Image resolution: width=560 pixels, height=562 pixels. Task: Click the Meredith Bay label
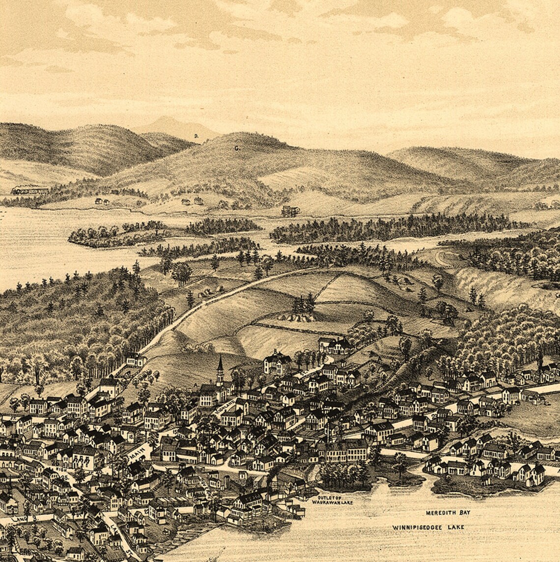pyautogui.click(x=448, y=512)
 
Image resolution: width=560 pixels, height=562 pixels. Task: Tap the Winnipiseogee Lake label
pyautogui.click(x=428, y=527)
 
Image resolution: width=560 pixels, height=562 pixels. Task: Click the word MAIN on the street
pyautogui.click(x=136, y=451)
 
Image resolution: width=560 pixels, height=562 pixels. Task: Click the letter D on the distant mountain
pyautogui.click(x=196, y=136)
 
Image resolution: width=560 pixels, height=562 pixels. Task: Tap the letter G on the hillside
pyautogui.click(x=236, y=147)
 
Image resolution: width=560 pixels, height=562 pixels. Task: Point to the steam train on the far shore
pyautogui.click(x=30, y=190)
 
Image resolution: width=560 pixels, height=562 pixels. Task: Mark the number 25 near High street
pyautogui.click(x=63, y=478)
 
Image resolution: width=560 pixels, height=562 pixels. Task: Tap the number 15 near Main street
pyautogui.click(x=175, y=432)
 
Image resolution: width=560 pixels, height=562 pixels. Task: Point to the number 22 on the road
pyautogui.click(x=433, y=417)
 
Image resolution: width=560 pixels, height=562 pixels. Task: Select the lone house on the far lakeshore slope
pyautogui.click(x=290, y=211)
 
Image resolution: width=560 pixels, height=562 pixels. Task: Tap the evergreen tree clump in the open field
pyautogui.click(x=304, y=306)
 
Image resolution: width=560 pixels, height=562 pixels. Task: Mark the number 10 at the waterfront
pyautogui.click(x=266, y=529)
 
